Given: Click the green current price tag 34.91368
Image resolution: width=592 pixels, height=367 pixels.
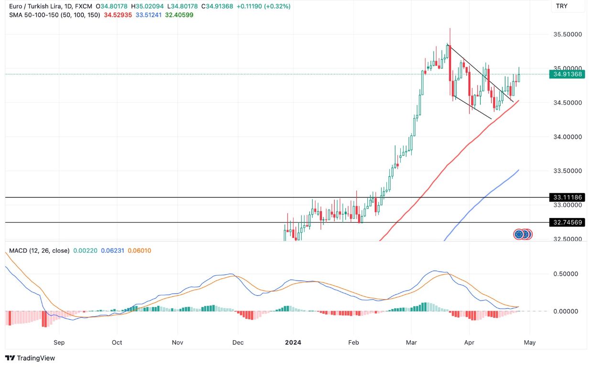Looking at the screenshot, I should click(567, 74).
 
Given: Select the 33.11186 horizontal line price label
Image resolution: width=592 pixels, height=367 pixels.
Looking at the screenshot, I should click(567, 197).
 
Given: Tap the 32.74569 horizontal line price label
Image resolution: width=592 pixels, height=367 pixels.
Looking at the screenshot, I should click(567, 222).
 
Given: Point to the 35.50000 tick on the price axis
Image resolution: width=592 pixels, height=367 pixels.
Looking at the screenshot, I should click(567, 34).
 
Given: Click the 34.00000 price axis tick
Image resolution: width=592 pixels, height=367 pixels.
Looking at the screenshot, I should click(567, 137).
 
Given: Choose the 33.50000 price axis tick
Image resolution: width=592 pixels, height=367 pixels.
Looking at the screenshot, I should click(567, 171).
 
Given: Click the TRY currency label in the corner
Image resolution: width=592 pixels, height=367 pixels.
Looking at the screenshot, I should click(561, 6).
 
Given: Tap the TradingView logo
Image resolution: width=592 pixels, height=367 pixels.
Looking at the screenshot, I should click(30, 358).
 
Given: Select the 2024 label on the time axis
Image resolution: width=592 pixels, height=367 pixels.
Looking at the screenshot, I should click(293, 342).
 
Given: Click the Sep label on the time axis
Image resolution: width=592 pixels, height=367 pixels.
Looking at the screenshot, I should click(59, 342).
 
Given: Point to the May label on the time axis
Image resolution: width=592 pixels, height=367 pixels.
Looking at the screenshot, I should click(530, 342).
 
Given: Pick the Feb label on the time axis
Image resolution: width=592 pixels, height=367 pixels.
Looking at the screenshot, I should click(353, 342).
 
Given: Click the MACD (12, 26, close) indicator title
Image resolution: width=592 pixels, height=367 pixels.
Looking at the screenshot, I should click(39, 250).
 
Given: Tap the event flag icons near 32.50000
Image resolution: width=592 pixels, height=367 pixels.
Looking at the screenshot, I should click(523, 234).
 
